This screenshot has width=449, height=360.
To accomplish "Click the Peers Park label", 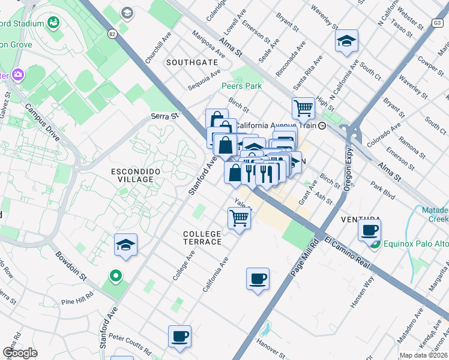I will point(241,86).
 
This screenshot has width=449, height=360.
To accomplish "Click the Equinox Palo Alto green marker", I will point(375,244).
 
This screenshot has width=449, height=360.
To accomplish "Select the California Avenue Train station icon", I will point(322,126).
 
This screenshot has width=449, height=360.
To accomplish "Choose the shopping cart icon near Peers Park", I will point(304,108).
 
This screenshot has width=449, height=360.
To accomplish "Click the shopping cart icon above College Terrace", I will point(240,218).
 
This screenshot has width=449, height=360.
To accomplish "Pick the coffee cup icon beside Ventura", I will point(370,229).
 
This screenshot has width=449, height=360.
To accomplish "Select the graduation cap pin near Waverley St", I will point(346,41).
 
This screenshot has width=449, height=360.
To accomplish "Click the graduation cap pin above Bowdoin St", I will point(125,245).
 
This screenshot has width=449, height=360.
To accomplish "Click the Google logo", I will point(20,353).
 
